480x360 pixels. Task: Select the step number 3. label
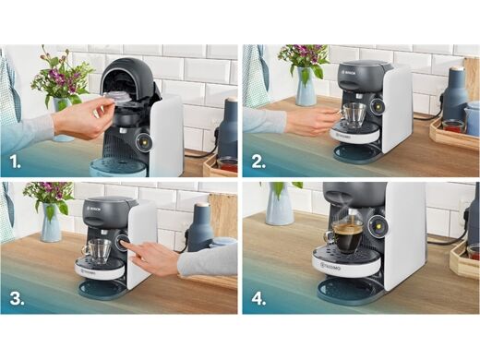pos(16,297)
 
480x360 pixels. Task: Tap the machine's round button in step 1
pos(143,141)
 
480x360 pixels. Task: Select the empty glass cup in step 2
pos(354,115)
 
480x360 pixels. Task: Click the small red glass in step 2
pos(452,126)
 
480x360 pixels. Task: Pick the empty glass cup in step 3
pos(97,250)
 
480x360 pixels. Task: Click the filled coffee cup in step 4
pos(346,238)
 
